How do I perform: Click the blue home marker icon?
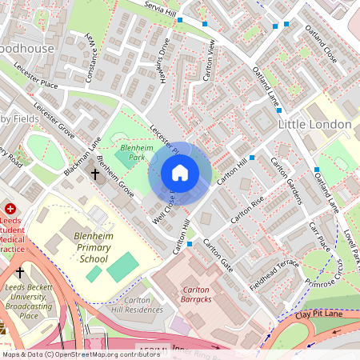click(180, 172)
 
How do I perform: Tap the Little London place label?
click(314, 125)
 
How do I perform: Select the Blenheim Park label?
click(135, 153)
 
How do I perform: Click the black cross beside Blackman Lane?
click(95, 173)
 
